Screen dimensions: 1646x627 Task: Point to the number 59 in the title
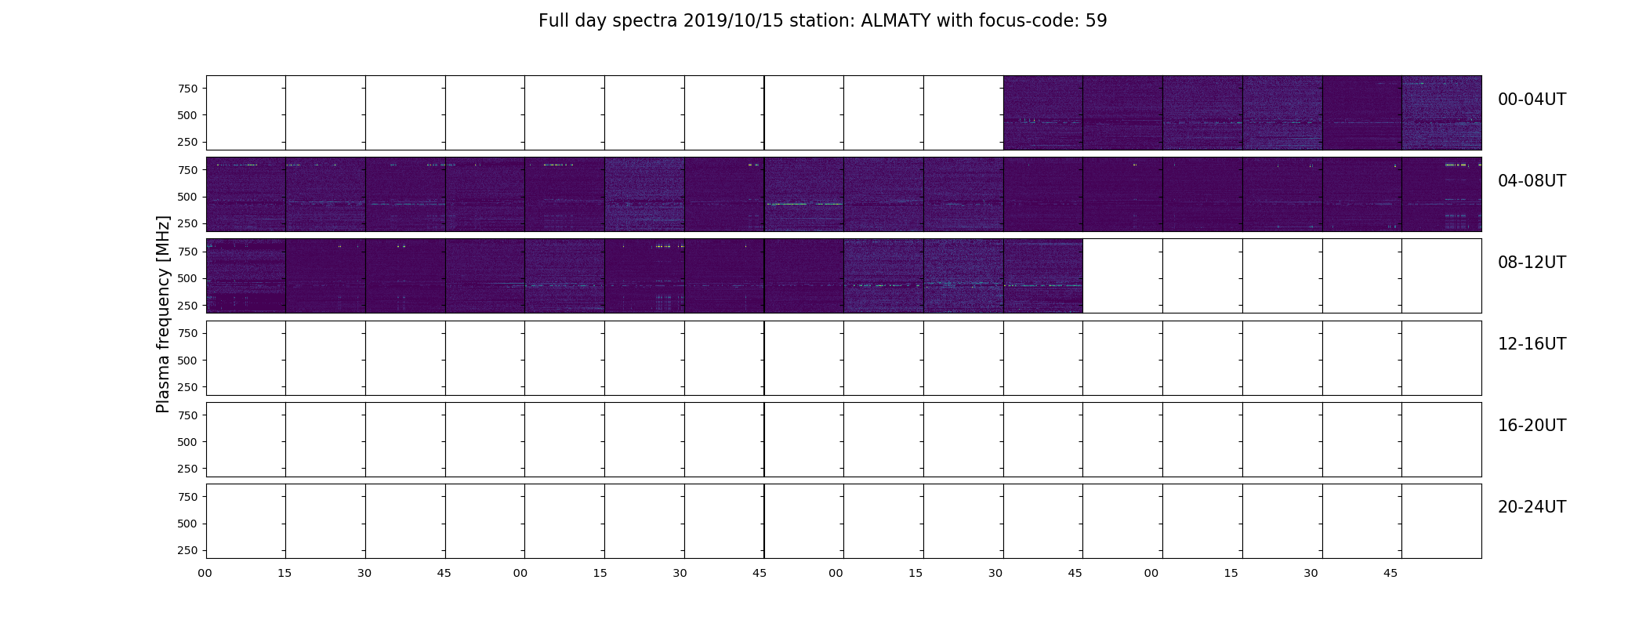[1097, 21]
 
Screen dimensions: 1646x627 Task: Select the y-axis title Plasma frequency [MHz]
[163, 314]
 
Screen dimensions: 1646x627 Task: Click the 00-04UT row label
[1532, 100]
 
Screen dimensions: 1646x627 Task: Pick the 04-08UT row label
[1532, 181]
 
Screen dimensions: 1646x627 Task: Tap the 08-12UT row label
[1532, 263]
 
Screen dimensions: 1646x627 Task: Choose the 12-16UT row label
[1532, 344]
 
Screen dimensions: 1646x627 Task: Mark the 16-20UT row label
[1532, 426]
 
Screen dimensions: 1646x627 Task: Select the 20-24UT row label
[1532, 507]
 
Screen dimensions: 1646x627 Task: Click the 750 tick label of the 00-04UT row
[187, 89]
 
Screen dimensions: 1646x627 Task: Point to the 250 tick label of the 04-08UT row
[187, 223]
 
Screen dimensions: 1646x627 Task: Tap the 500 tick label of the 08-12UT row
[187, 278]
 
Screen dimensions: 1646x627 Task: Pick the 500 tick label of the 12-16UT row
[187, 361]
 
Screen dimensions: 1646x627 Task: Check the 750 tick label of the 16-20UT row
[187, 415]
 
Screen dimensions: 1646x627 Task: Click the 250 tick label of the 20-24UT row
[187, 550]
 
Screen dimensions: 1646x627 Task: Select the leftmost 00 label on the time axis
[205, 573]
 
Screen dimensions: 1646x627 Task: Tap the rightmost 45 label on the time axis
[1390, 573]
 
